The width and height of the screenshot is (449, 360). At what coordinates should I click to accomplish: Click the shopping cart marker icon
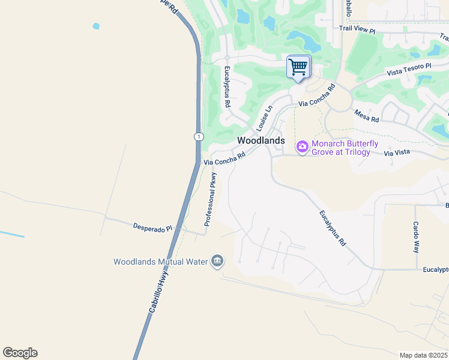click(x=298, y=67)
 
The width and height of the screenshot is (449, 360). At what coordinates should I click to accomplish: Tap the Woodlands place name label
click(x=261, y=140)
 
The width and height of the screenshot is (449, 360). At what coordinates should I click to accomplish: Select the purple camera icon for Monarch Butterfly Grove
click(x=302, y=146)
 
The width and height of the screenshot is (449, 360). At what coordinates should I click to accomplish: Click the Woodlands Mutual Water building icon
click(x=217, y=261)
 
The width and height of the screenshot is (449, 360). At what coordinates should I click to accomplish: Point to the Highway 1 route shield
click(x=198, y=137)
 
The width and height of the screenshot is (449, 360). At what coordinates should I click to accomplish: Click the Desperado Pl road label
click(x=152, y=228)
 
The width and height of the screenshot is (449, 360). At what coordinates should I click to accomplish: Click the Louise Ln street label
click(x=264, y=118)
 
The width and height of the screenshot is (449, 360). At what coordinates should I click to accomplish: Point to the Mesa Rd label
click(x=366, y=115)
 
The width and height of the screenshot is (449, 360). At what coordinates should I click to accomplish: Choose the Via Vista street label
click(x=396, y=154)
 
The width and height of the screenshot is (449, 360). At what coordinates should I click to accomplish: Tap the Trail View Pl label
click(x=357, y=28)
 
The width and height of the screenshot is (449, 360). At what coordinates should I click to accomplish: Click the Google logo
click(x=20, y=353)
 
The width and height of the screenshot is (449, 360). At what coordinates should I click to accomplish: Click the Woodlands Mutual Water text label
click(x=160, y=262)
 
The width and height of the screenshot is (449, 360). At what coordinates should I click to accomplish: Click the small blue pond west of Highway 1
click(x=95, y=26)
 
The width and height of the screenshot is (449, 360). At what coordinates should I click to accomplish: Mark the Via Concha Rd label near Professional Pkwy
click(x=224, y=158)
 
